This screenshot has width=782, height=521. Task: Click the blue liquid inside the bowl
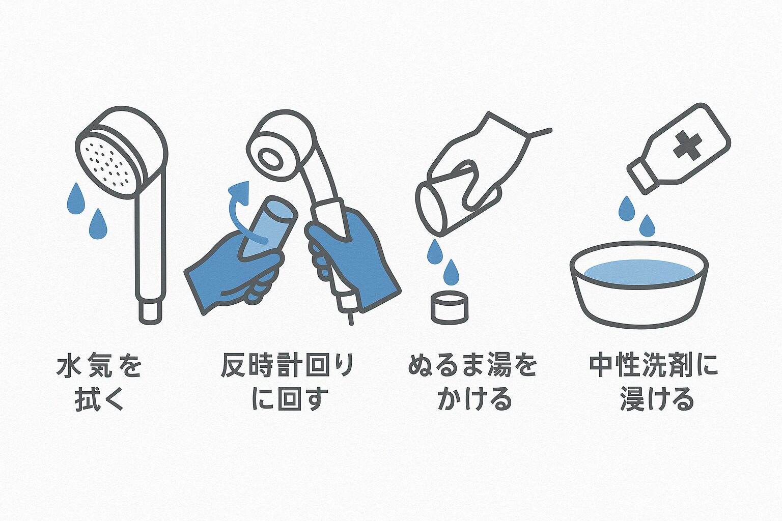[x=639, y=272]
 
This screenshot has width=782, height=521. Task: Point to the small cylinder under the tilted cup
[x=450, y=307]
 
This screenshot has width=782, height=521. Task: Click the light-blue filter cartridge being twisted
[x=268, y=227]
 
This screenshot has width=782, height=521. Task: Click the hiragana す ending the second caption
[x=316, y=399]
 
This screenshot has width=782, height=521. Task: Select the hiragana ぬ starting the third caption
[x=421, y=366]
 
